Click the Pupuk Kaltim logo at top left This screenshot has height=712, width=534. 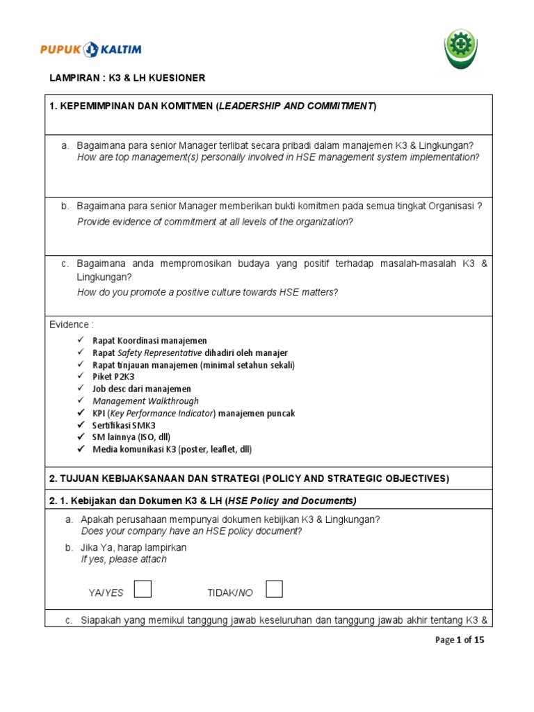(90, 49)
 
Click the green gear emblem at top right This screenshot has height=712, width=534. (461, 49)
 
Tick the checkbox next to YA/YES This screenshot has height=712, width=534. (143, 590)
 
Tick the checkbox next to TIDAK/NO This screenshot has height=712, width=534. (274, 590)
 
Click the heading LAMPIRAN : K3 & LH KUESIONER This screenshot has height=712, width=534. (127, 79)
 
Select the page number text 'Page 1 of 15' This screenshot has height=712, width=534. (456, 640)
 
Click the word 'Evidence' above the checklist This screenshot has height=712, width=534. (70, 325)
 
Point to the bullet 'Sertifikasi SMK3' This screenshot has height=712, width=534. (124, 425)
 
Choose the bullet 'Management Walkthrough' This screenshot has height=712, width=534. (145, 401)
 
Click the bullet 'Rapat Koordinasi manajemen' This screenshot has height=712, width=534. (149, 341)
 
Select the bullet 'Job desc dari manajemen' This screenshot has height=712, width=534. (141, 389)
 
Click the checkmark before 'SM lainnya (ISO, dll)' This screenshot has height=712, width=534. (81, 437)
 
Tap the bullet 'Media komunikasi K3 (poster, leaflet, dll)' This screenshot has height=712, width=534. (172, 449)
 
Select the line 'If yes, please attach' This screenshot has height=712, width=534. (124, 559)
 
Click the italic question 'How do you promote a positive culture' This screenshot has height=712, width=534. (207, 292)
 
